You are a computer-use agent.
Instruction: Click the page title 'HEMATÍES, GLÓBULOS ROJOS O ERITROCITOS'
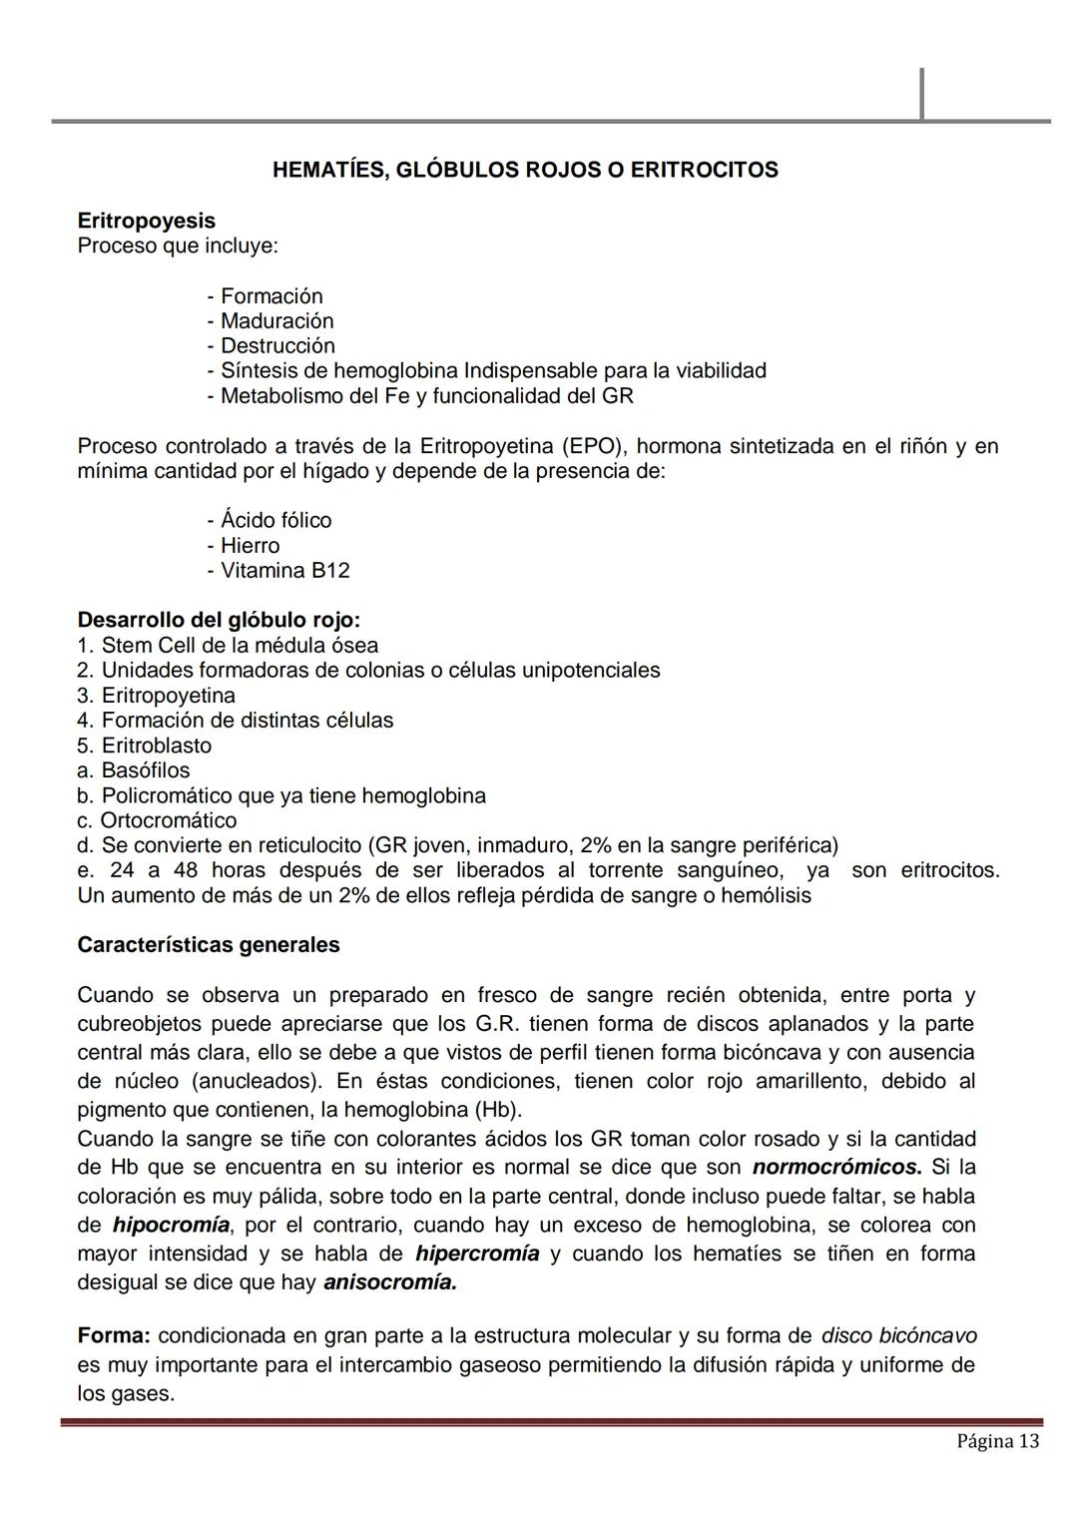coord(525,170)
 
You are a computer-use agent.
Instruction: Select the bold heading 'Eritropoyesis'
coord(147,221)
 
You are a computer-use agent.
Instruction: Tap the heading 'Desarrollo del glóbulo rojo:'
coord(219,620)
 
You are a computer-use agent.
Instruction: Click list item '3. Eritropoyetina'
coord(157,696)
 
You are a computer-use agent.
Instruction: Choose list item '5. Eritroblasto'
coord(145,746)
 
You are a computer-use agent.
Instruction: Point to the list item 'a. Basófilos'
coord(134,770)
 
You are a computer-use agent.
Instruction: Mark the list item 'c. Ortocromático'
coord(158,820)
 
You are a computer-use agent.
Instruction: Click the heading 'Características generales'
coord(209,945)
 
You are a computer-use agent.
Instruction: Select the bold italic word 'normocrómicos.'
coord(836,1168)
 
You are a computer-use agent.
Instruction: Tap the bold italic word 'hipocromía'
coord(171,1225)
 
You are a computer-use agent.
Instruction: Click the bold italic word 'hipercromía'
coord(477,1254)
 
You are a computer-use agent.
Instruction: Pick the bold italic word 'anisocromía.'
coord(390,1282)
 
